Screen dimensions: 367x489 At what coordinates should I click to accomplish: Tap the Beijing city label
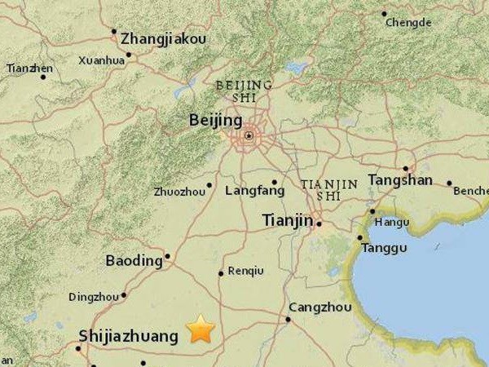tap(215, 120)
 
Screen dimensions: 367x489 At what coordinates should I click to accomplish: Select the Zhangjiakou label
tap(163, 38)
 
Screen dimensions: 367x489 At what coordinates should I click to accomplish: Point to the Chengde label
tap(407, 23)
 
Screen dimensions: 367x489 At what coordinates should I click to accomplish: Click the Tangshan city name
tap(399, 180)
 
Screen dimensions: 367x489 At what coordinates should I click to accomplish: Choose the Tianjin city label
tap(288, 220)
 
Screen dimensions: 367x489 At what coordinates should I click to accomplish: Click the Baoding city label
tap(134, 261)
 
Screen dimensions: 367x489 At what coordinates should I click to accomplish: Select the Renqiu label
tap(246, 270)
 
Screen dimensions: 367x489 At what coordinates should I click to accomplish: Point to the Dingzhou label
tap(94, 297)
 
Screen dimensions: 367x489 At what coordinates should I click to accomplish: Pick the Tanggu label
tap(384, 248)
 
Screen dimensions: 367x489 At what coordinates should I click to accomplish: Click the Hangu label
tap(392, 221)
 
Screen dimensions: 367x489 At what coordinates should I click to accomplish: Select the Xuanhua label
tap(102, 60)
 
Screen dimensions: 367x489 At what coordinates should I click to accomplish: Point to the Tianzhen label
tap(29, 69)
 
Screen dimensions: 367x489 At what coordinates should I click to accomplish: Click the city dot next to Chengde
tap(385, 14)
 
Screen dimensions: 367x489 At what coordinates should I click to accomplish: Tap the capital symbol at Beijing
tap(249, 135)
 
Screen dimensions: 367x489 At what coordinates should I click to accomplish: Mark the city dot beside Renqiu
tap(221, 273)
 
